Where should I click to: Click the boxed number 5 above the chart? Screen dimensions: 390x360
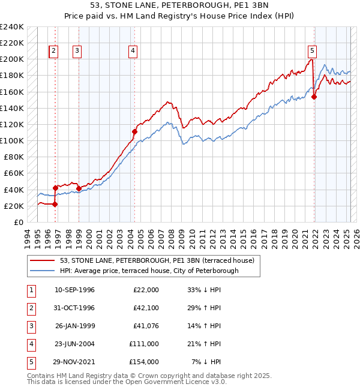[313, 51]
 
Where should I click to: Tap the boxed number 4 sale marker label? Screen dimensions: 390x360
[131, 51]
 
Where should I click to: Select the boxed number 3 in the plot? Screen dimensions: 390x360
[77, 51]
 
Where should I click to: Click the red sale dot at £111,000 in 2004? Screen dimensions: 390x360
[135, 131]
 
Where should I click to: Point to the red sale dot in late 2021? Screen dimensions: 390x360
[314, 97]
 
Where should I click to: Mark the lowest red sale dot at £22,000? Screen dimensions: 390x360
[55, 204]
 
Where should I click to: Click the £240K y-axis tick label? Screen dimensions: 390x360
[12, 27]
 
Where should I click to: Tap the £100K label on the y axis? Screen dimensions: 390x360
[12, 140]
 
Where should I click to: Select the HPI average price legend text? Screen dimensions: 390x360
[149, 271]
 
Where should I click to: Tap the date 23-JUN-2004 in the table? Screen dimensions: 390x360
[75, 344]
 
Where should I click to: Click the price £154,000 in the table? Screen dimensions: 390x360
[144, 362]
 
